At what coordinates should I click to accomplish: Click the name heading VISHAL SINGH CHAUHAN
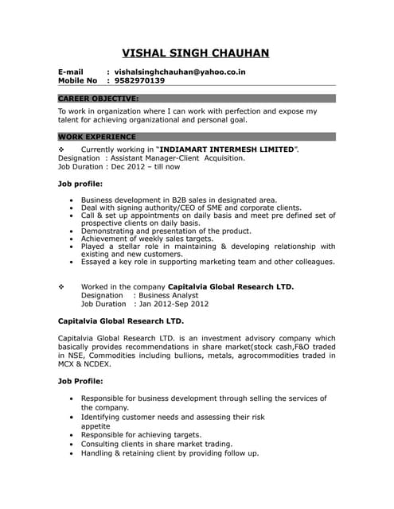click(195, 53)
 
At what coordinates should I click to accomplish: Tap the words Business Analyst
click(170, 295)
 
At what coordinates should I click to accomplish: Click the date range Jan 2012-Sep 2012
click(173, 304)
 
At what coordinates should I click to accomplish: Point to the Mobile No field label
click(77, 81)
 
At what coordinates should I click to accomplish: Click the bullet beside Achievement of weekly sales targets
click(72, 239)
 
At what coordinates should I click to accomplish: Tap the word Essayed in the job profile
click(98, 262)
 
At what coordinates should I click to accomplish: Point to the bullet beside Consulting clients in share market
click(72, 445)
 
